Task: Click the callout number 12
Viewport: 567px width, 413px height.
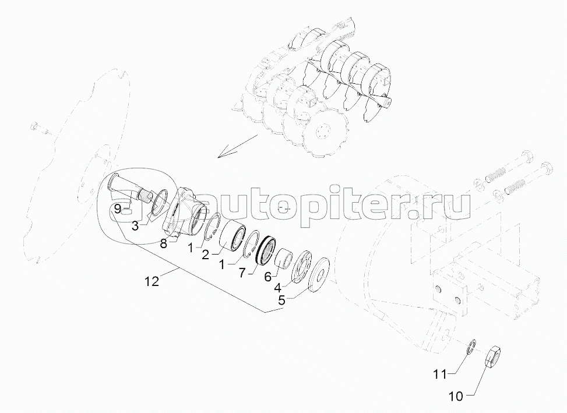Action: click(x=152, y=281)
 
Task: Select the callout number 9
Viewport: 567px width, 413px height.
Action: click(x=117, y=209)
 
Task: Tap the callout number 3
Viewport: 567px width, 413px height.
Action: click(x=135, y=227)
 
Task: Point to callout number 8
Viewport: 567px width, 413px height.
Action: click(x=163, y=244)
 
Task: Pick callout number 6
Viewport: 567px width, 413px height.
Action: click(x=268, y=277)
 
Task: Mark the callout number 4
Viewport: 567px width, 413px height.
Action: click(x=278, y=288)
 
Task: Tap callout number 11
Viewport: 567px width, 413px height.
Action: click(x=441, y=375)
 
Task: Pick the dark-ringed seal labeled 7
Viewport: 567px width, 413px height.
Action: click(x=266, y=250)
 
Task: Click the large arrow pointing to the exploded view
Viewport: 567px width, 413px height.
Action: click(x=238, y=146)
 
